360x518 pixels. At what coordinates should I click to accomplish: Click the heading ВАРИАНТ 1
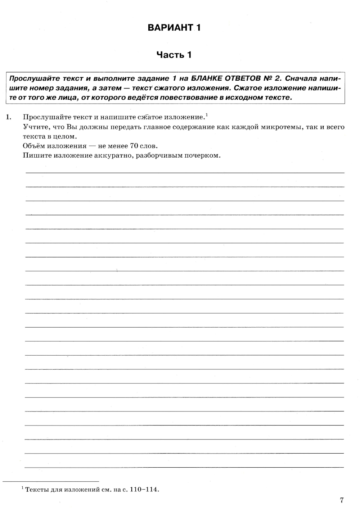[x=174, y=28]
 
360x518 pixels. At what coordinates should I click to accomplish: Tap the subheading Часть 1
[x=174, y=55]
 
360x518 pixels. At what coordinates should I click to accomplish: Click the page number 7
[x=342, y=500]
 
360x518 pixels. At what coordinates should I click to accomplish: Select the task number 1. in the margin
[x=9, y=117]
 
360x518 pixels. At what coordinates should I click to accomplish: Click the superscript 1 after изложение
[x=207, y=115]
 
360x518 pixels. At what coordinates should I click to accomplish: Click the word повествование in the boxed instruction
[x=187, y=98]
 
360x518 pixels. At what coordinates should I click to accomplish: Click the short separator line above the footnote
[x=50, y=481]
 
